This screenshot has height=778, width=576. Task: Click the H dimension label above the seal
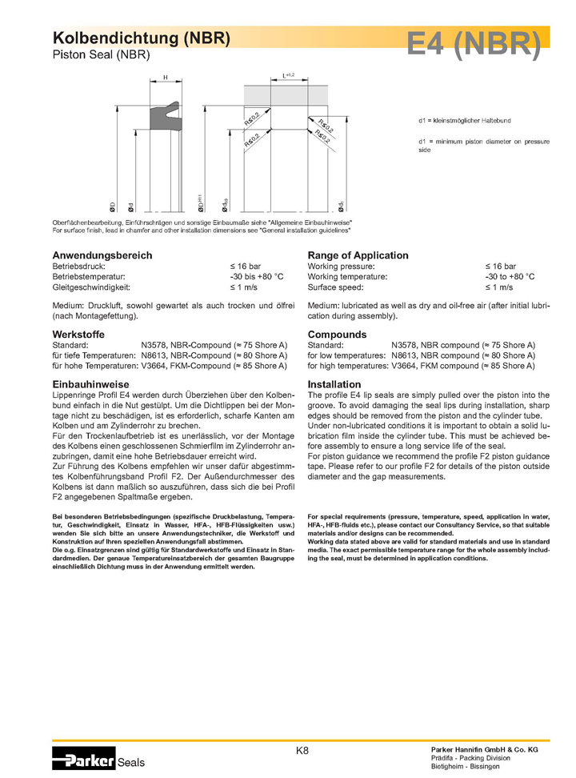coord(165,77)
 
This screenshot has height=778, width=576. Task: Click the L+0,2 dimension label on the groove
coord(289,74)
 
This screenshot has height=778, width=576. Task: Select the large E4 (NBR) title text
coord(473,44)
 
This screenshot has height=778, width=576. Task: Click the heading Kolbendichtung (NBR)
coord(142,38)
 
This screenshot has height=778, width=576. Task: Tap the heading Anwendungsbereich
coord(102,255)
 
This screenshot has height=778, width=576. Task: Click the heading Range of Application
coord(358,255)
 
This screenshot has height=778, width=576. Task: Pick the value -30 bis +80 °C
coord(257,276)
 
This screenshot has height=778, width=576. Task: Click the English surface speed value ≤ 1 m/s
coord(499,287)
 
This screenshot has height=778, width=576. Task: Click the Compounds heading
coord(337,335)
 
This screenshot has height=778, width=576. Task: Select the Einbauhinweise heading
coord(90,384)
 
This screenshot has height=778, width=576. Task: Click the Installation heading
coord(334,384)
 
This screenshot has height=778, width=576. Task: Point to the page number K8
coord(302,751)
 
